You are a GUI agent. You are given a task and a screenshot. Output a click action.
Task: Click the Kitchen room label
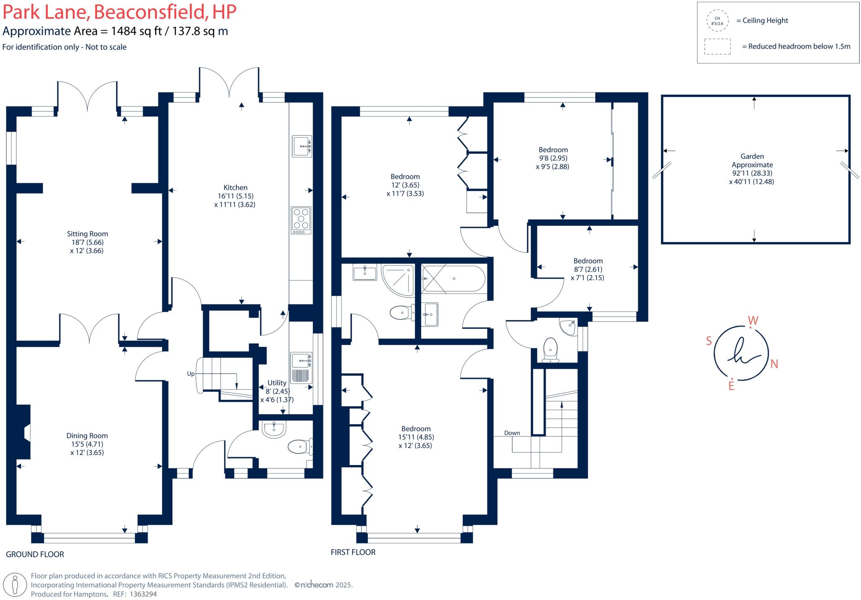[235, 188]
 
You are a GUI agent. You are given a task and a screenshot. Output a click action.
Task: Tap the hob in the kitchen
[301, 220]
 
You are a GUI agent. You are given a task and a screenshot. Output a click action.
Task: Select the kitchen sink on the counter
[302, 146]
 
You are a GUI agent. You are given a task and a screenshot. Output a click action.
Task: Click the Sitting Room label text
[87, 234]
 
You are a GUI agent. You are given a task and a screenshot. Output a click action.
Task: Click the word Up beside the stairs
[191, 373]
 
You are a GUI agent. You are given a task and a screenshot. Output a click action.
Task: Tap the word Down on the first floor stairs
[512, 433]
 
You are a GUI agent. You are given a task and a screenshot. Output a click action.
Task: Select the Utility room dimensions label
[277, 391]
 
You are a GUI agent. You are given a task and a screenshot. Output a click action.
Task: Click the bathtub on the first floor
[453, 278]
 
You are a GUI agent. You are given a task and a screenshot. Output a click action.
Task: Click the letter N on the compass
[774, 364]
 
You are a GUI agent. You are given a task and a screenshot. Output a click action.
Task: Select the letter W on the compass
[753, 321]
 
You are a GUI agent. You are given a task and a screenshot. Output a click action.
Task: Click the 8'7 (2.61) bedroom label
[588, 269]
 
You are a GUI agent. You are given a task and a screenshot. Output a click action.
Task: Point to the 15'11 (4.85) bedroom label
[416, 437]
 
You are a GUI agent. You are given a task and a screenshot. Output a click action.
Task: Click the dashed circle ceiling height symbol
[717, 21]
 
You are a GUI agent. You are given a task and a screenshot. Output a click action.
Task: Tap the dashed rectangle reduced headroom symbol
[717, 47]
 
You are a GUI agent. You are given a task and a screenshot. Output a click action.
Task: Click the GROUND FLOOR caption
[35, 554]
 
